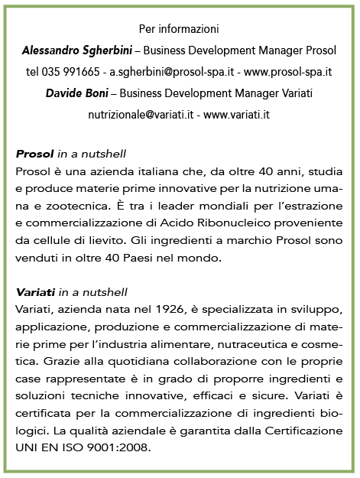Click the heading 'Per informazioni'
coord(180,29)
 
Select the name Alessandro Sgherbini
coord(80,50)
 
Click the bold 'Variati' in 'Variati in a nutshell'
coord(34,292)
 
